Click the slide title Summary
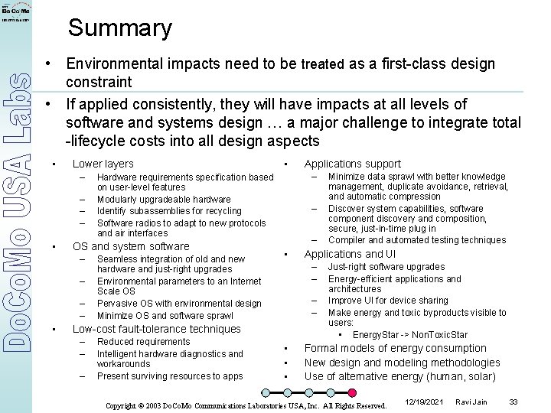point(120,29)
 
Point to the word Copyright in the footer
point(123,405)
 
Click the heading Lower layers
point(103,164)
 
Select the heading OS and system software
point(130,246)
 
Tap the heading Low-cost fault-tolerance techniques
point(156,329)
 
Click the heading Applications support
point(352,164)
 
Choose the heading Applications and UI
point(350,254)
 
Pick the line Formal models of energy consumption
point(384,348)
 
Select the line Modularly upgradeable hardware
point(164,200)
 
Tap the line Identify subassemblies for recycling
point(169,211)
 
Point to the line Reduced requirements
point(143,342)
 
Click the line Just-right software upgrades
point(386,267)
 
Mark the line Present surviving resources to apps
point(170,376)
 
